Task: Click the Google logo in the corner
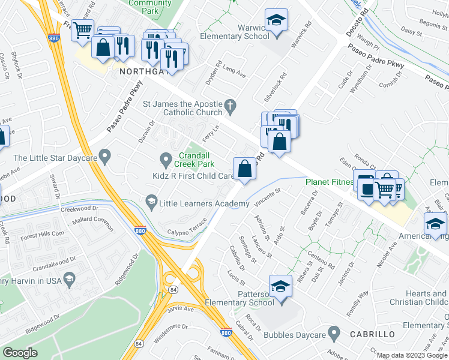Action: point(20,353)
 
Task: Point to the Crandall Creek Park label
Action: point(194,159)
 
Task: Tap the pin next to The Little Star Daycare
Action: point(106,158)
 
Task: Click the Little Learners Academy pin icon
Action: point(151,203)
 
